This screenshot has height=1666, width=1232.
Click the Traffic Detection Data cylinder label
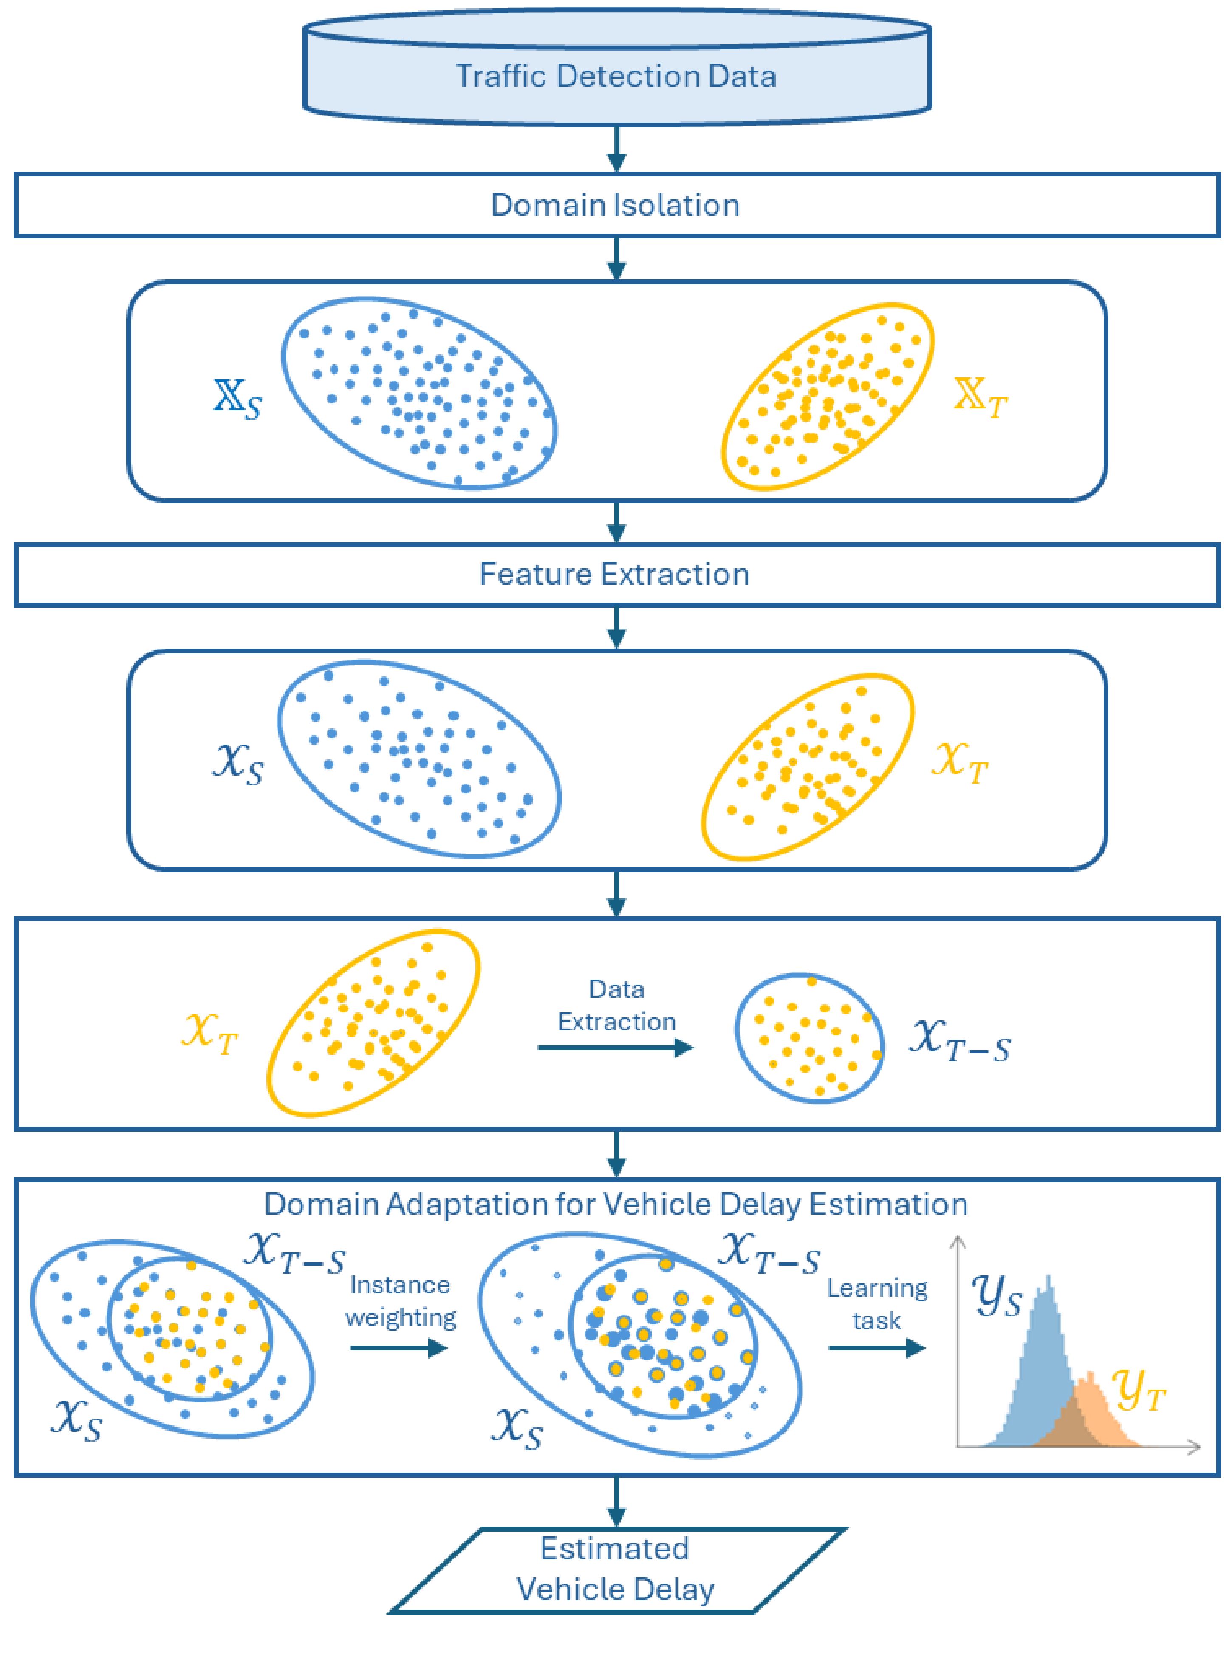[x=616, y=76]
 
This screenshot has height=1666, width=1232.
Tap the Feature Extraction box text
[x=614, y=575]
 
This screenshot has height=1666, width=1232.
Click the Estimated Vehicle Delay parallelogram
[x=616, y=1569]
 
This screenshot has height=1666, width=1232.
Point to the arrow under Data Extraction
[x=615, y=1048]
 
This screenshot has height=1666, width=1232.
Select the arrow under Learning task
[x=876, y=1347]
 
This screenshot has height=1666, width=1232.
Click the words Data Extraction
[x=617, y=1005]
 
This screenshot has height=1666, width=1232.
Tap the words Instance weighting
[x=401, y=1301]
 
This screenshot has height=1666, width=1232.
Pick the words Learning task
[x=877, y=1304]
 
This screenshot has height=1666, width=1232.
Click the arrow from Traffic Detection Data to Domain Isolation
[x=616, y=149]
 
